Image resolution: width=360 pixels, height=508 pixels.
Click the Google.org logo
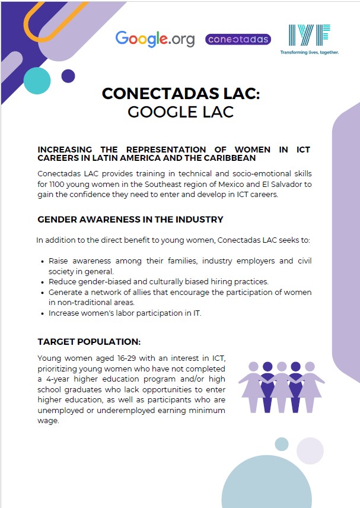(x=155, y=39)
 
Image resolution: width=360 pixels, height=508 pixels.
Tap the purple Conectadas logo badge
(x=238, y=39)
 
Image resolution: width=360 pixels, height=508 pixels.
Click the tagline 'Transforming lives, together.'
(x=309, y=52)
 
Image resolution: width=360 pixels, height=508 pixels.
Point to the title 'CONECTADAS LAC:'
(x=180, y=94)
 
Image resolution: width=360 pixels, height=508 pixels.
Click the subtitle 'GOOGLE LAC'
(x=180, y=112)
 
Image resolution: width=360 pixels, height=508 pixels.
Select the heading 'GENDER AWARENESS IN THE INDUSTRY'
(x=130, y=220)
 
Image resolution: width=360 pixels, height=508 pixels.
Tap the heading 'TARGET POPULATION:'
(x=89, y=342)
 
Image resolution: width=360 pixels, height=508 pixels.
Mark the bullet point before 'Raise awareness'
(x=43, y=261)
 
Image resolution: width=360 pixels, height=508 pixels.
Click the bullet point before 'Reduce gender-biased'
(x=43, y=282)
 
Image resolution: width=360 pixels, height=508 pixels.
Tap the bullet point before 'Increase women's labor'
(x=43, y=313)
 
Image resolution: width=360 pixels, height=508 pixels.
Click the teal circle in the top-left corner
(x=37, y=81)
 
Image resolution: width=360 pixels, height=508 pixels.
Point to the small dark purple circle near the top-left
(x=68, y=76)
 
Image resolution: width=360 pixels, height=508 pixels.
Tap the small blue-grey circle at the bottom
(x=282, y=444)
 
